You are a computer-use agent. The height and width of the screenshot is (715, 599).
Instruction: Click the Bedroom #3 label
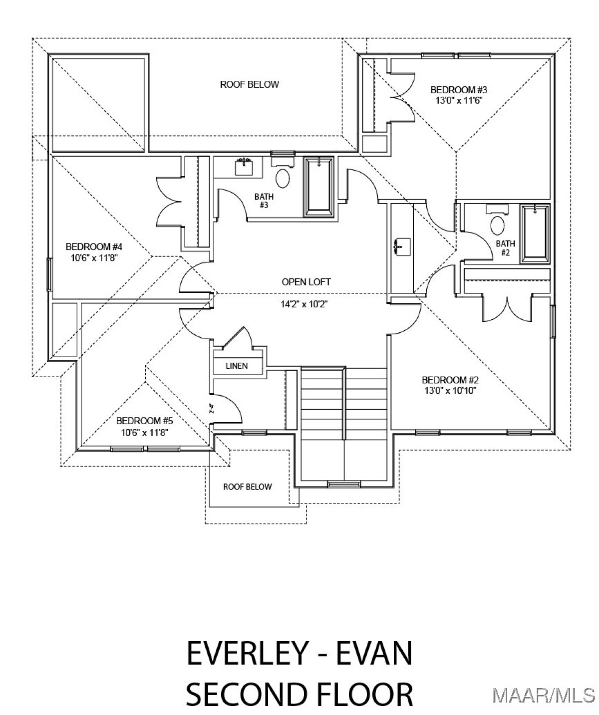click(x=459, y=90)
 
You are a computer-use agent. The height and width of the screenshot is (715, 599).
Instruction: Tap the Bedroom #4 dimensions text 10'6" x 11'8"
click(x=94, y=257)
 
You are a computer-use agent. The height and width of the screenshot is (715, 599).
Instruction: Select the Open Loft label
click(x=306, y=282)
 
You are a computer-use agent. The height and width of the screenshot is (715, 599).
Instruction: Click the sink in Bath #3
click(x=244, y=167)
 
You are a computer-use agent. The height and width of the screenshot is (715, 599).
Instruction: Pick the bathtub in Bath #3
click(x=318, y=187)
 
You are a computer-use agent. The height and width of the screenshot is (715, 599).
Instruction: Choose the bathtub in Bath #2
click(x=535, y=234)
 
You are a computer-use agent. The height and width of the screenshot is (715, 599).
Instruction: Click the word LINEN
click(x=237, y=366)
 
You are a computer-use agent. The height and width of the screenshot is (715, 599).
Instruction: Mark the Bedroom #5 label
click(x=144, y=421)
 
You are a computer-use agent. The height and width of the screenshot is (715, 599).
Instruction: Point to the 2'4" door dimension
click(x=212, y=409)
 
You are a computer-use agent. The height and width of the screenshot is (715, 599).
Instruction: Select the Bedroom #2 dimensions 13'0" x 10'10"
click(x=450, y=390)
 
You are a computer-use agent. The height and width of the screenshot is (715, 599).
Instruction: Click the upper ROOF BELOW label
click(x=249, y=84)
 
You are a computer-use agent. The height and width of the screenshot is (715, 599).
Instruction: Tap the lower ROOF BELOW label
click(x=247, y=486)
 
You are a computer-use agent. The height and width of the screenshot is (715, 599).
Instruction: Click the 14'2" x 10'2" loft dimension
click(x=304, y=304)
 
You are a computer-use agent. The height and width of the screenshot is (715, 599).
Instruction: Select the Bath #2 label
click(x=505, y=248)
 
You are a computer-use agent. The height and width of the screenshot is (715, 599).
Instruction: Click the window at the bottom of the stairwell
click(x=344, y=484)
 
